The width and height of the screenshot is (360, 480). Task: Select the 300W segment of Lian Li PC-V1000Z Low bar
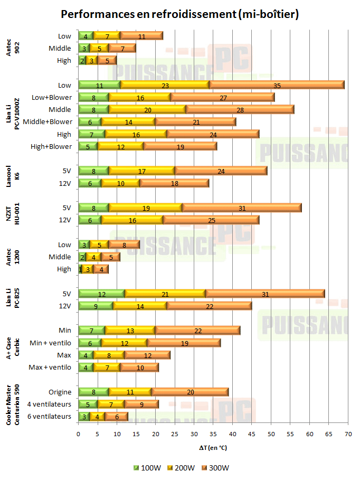tap(277, 85)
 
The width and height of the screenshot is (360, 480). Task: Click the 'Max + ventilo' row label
tap(50, 367)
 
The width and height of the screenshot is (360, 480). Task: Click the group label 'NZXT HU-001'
tap(11, 214)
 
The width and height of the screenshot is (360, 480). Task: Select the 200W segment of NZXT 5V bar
tap(146, 208)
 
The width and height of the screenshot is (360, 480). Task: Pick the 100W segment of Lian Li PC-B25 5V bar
tap(101, 294)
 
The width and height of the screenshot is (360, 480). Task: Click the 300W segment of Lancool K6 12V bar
tap(174, 183)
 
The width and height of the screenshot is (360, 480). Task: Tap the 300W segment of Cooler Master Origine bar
tap(190, 392)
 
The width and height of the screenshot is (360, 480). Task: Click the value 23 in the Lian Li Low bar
tap(165, 85)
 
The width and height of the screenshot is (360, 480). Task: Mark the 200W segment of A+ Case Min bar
tap(130, 331)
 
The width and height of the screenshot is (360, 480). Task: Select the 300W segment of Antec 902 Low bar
tap(141, 36)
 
